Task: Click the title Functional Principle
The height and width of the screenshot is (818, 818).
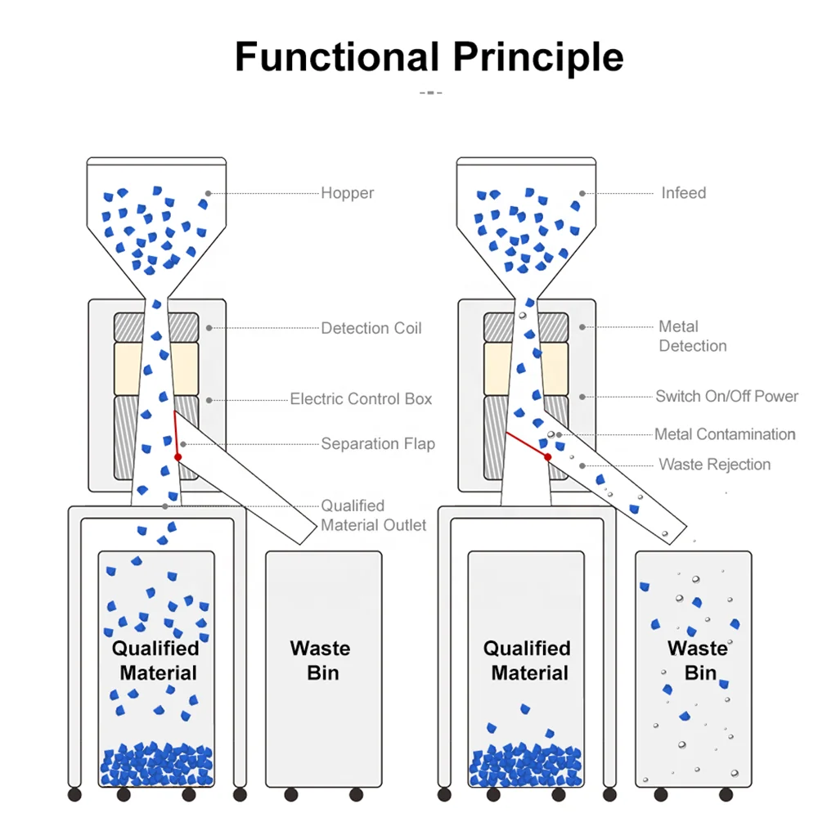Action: coord(429,57)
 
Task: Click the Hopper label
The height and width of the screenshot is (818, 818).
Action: coord(347,193)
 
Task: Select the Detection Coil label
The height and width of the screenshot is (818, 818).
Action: coord(371,328)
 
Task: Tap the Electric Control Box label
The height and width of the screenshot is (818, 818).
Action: coord(361,399)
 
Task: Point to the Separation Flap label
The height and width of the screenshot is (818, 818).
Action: coord(378,444)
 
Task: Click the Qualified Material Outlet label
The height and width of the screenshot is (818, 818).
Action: coord(373,515)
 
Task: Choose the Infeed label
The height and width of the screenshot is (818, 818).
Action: coord(683,193)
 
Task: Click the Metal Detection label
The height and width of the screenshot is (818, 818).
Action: coord(692,336)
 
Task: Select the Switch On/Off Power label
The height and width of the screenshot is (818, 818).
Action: coord(726,396)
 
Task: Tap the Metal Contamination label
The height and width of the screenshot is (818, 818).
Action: coord(725,434)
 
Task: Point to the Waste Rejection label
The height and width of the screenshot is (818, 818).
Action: coord(714,465)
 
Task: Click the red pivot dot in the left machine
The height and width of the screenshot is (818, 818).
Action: coord(178,456)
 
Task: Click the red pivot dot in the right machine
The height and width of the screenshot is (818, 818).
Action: coord(547,456)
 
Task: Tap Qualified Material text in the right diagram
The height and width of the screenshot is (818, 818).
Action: coord(527,661)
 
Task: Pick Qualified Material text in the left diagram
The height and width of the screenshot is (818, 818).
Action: coord(156,661)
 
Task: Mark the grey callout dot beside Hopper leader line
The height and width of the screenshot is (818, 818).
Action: coord(209,193)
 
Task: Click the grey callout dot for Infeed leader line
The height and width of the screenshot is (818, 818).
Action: coord(582,193)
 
